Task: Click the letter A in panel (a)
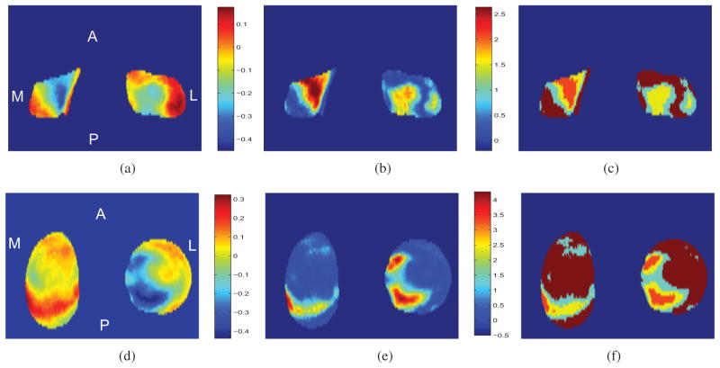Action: (92, 37)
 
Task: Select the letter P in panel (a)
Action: (93, 138)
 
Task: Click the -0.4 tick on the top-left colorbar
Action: (249, 141)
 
